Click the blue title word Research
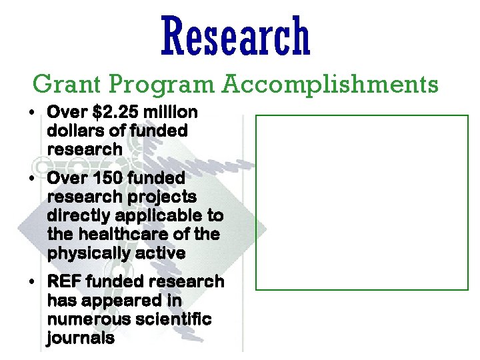point(235,37)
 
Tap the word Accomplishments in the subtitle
point(331,85)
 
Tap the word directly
point(77,217)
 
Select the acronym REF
point(63,282)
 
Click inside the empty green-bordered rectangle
point(362,203)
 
